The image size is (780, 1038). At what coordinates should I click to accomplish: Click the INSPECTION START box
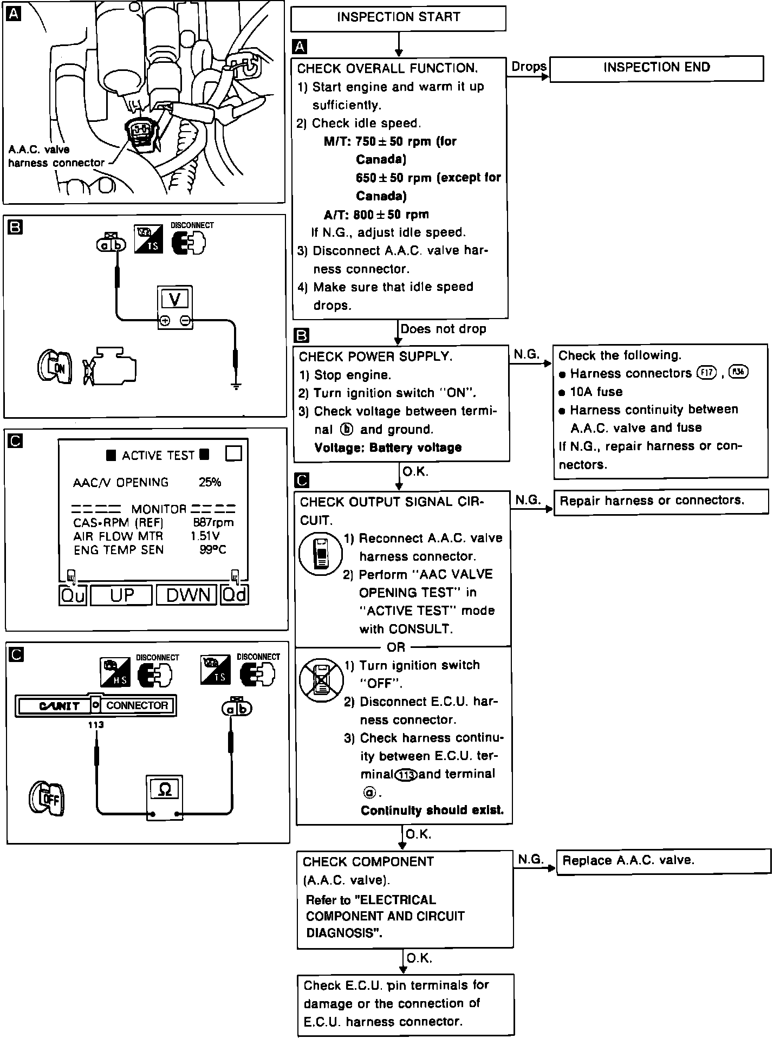coord(398,18)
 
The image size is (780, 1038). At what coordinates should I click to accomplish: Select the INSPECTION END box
coord(656,68)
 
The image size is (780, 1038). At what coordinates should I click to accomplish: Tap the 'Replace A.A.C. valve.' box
coord(663,860)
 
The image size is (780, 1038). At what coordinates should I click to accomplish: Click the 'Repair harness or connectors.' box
coord(661,501)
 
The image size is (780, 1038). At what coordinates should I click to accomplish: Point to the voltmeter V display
coord(175,299)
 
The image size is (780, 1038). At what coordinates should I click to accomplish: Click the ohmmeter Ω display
coord(165,790)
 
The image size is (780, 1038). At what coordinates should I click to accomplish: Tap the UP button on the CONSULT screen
coord(122,595)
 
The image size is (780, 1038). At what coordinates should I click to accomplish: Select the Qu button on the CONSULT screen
coord(73,595)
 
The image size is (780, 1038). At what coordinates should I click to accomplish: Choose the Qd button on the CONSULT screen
coord(235,595)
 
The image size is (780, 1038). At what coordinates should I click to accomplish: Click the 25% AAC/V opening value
coord(210,482)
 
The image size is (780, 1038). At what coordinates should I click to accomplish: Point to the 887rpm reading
coord(213,523)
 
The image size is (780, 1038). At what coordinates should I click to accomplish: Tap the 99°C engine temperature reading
coord(213,550)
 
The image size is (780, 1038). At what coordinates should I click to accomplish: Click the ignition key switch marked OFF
coord(47,799)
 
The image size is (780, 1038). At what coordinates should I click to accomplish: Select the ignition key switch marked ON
coord(55,367)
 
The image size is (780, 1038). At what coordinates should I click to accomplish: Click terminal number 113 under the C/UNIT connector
coord(96,725)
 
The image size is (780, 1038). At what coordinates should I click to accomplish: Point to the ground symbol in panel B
coord(236,386)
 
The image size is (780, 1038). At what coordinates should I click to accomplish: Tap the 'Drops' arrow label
coord(529,67)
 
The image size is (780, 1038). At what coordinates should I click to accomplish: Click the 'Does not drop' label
coord(443,329)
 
